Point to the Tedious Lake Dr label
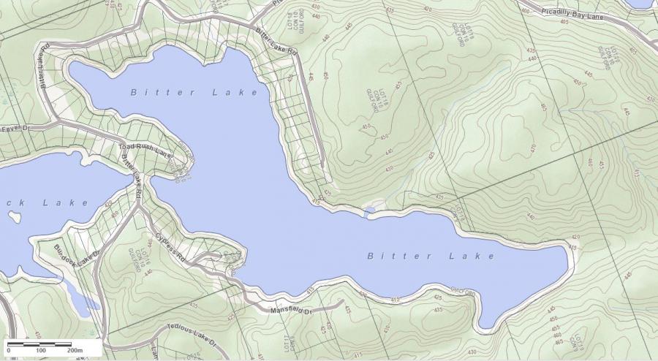coord(192,334)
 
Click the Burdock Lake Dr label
coord(75,256)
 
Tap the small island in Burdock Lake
coord(13,217)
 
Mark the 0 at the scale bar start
coord(9,351)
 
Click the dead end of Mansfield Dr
coord(342,300)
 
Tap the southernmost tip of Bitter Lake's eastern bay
coord(483,327)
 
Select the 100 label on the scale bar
coord(41,351)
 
